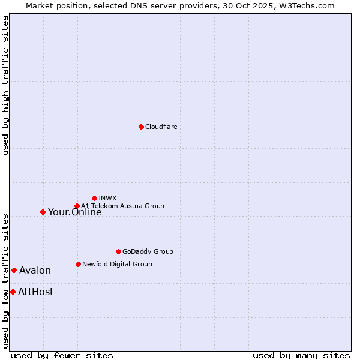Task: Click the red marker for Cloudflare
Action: coord(141,127)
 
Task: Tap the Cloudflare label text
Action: coord(161,127)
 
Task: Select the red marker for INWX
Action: coord(94,198)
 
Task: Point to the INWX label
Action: coord(107,198)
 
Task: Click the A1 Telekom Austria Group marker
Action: coord(77,206)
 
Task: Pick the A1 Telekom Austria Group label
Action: coord(122,206)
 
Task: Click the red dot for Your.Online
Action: coord(43,212)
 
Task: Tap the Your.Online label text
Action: coord(74,212)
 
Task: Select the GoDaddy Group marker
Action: coord(118,251)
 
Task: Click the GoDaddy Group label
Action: coord(148,251)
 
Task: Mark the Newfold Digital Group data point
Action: coord(78,264)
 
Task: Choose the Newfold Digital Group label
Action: coord(117,264)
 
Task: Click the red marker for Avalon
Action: coord(14,270)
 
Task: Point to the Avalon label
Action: coord(35,270)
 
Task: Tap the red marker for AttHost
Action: coord(13,292)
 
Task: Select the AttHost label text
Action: coord(35,292)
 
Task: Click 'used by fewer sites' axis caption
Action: coord(62,355)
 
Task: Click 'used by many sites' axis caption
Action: coord(301,355)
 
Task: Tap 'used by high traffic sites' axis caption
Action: coord(5,86)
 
